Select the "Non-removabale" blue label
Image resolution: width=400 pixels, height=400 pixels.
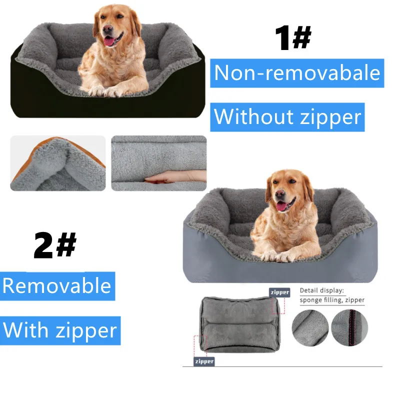[297, 73]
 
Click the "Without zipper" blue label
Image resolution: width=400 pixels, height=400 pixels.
[287, 117]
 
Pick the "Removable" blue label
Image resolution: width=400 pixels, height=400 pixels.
[57, 285]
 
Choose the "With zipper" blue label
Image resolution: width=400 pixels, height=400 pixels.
[60, 330]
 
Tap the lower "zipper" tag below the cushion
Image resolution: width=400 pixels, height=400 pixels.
[204, 361]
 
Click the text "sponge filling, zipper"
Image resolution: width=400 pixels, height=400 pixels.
[332, 300]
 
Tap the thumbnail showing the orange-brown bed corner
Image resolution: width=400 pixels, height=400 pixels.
[57, 163]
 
